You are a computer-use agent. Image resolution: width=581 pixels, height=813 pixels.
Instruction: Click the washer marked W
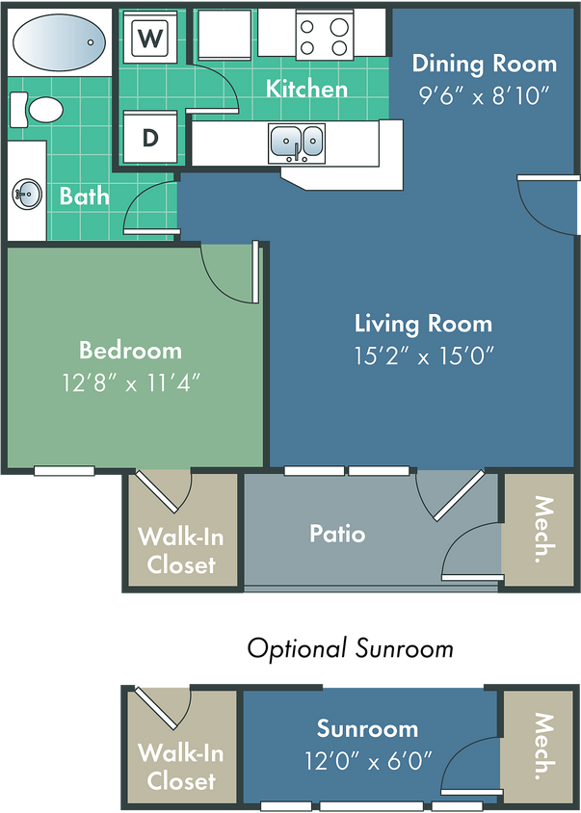[149, 39]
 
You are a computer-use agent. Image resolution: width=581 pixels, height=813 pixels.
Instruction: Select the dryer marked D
[149, 137]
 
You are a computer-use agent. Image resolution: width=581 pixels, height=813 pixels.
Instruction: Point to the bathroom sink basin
[27, 194]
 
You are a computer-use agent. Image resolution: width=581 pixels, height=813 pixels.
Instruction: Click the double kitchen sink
[297, 143]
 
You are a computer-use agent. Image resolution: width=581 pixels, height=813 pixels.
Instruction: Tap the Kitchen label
[306, 89]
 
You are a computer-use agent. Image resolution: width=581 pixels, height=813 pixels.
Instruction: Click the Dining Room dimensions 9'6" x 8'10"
[484, 94]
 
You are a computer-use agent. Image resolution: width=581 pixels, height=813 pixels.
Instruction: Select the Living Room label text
[423, 324]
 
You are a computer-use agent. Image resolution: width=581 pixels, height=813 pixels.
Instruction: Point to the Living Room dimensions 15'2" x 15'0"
[423, 355]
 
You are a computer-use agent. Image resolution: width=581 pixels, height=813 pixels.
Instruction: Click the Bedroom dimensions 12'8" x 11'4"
[130, 380]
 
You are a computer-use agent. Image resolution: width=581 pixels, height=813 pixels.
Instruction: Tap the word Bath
[84, 197]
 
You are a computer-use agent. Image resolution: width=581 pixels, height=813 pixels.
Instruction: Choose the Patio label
[337, 533]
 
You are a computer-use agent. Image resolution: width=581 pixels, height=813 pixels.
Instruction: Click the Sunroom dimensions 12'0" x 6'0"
[367, 760]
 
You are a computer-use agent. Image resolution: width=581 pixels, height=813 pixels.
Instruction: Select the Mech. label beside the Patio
[543, 529]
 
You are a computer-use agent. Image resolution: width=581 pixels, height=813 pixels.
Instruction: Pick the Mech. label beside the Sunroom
[543, 746]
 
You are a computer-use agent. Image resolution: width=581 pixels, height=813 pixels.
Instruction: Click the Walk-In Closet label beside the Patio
[181, 549]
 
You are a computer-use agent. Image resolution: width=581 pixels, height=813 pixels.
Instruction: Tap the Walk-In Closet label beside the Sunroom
[181, 766]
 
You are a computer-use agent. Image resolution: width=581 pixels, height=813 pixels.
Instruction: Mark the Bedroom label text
[130, 350]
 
